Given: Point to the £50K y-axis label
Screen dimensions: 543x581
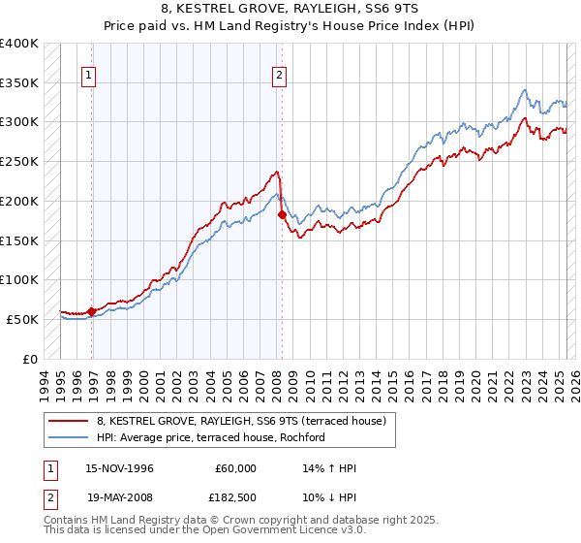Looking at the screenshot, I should point(22,319).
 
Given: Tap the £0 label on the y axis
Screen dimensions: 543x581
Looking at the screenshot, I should point(30,359).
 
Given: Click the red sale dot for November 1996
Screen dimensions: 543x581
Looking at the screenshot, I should point(92,311).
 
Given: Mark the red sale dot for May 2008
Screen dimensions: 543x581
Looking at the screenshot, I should point(282,215).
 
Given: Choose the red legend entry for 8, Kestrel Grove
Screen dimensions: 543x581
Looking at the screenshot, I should point(241,421).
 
